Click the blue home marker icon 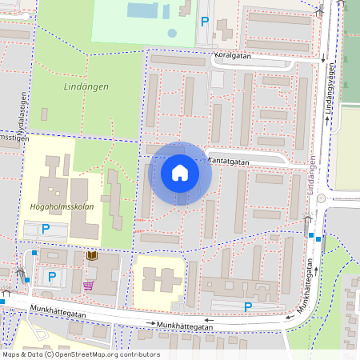coord(179,173)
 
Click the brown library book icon coord(90,255)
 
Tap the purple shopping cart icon coord(87,285)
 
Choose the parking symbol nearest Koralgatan coord(205,22)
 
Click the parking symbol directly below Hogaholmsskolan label coord(46,230)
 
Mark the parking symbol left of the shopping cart coord(52,277)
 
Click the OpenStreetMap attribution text coord(81,354)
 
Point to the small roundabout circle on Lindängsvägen coord(321,198)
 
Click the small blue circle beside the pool coord(172,33)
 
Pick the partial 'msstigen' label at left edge coord(14,138)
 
